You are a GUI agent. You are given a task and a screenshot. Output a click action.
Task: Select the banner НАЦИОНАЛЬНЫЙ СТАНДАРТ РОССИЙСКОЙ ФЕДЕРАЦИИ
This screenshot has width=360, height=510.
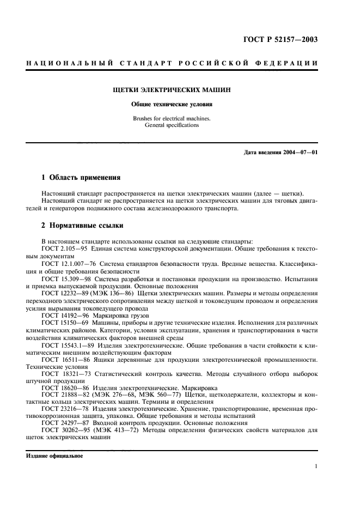point(172,64)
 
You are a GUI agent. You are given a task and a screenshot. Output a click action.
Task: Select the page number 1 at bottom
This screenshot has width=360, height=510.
point(316,466)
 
